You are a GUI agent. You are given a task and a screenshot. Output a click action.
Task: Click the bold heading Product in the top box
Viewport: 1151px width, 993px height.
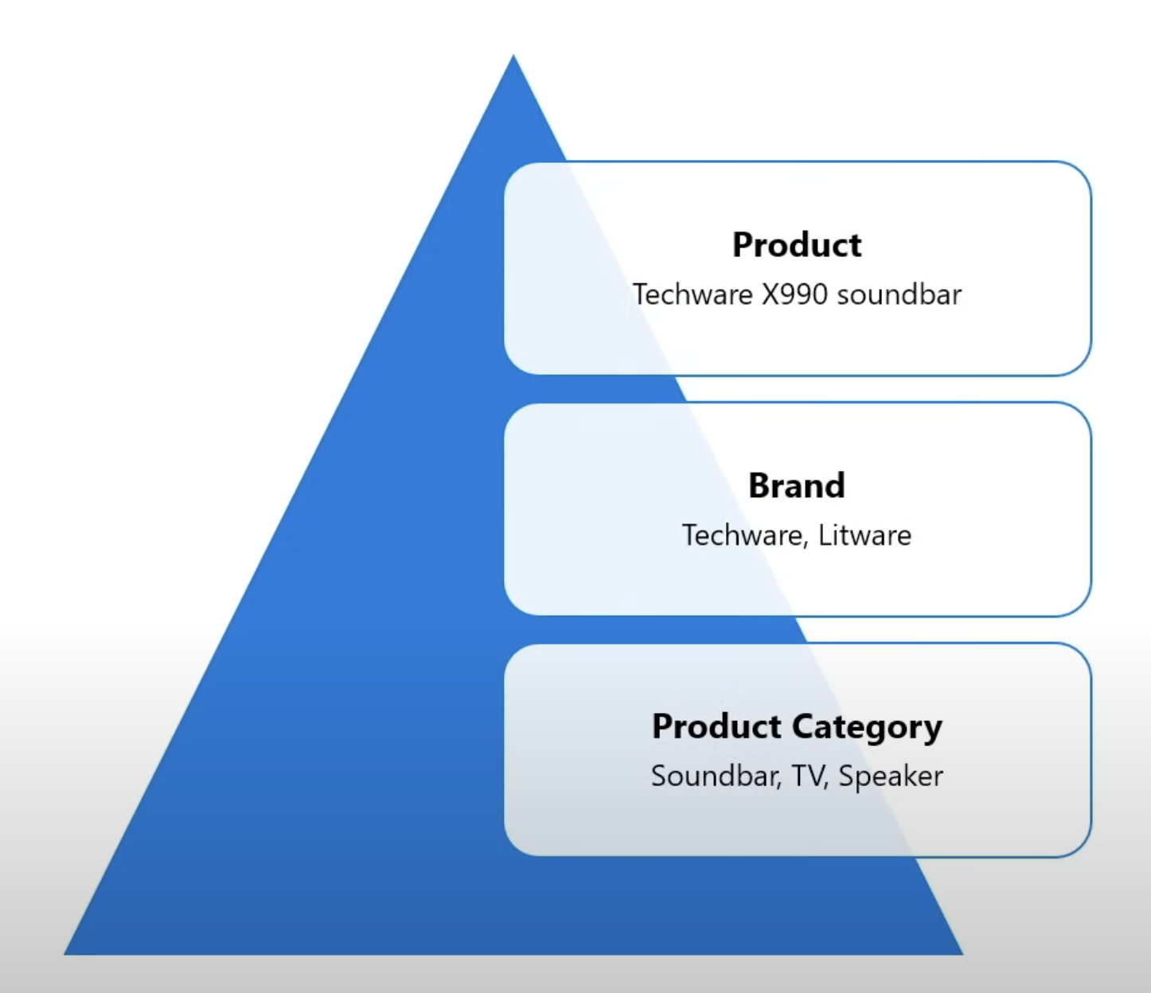[x=797, y=245]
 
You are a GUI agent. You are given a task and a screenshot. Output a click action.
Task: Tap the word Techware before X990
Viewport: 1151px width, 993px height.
[x=693, y=294]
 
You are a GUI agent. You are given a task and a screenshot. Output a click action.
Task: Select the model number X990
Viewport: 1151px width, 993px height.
[x=794, y=294]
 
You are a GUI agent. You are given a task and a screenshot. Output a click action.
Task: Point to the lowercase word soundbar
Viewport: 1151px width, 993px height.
[x=899, y=294]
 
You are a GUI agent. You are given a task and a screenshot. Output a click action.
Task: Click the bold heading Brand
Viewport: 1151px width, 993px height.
[x=797, y=485]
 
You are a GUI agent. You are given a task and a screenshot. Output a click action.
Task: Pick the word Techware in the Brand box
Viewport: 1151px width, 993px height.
[x=742, y=535]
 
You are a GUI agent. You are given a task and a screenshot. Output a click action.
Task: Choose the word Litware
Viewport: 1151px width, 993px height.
[x=864, y=535]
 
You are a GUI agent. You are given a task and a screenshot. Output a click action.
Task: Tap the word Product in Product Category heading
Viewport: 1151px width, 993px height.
[x=716, y=726]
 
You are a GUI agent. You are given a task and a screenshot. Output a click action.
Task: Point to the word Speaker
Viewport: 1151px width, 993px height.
[x=891, y=777]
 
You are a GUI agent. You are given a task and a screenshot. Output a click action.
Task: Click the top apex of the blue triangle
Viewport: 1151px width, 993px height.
[x=513, y=56]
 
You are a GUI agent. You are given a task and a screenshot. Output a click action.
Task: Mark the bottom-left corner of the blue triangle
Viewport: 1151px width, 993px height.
[x=65, y=953]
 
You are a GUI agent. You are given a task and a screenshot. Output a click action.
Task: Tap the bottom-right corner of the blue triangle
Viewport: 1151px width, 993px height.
[x=962, y=953]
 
